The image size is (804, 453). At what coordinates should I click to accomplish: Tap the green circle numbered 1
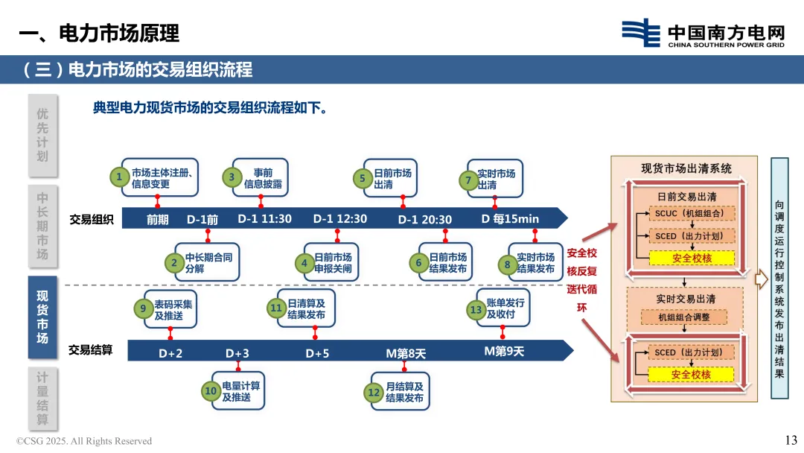pos(118,177)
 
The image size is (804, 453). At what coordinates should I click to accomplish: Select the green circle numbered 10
pos(211,391)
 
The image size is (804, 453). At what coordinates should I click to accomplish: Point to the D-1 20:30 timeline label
pos(424,219)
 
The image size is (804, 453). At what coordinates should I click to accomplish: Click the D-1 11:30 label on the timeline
pos(264,219)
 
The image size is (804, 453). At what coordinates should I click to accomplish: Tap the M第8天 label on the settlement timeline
pos(406,353)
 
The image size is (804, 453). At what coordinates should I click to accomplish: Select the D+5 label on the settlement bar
pos(317,353)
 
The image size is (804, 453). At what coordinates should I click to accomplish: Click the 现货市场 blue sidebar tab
pos(42,317)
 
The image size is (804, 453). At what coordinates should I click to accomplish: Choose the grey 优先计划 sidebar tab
pos(42,135)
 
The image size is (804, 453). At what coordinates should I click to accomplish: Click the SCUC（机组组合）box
pos(684,214)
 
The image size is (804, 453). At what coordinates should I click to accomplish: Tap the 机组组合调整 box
pos(684,317)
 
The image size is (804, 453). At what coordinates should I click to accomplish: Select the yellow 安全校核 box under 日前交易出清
pos(692,258)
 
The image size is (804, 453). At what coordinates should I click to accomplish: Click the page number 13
pos(791,440)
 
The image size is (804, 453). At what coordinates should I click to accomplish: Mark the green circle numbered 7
pos(468,180)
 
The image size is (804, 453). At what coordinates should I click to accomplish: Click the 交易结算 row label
pos(91,349)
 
